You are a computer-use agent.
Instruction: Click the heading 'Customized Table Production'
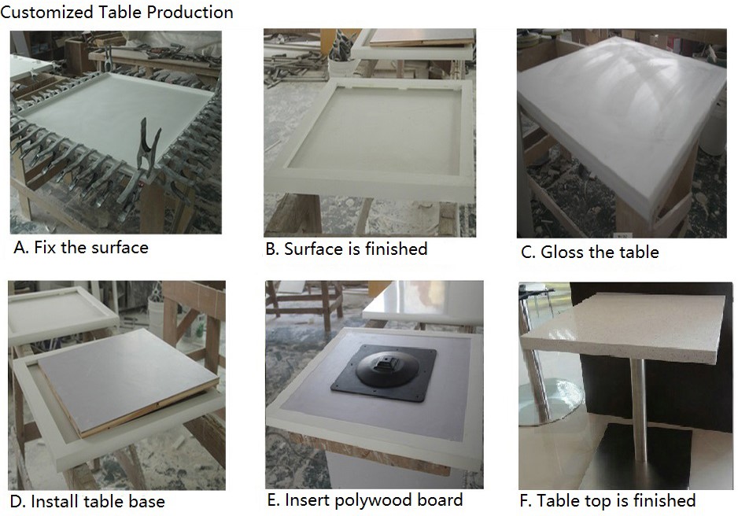116,13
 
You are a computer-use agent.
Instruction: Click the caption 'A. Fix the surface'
81,248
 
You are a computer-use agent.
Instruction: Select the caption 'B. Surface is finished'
346,249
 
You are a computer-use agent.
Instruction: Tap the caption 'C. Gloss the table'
590,252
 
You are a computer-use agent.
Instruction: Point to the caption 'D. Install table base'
87,501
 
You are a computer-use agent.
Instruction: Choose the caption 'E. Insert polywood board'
365,500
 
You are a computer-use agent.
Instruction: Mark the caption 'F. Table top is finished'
607,501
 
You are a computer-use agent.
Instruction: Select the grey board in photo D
127,381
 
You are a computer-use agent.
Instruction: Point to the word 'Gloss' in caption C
562,252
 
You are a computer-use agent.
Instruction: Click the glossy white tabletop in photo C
622,117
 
